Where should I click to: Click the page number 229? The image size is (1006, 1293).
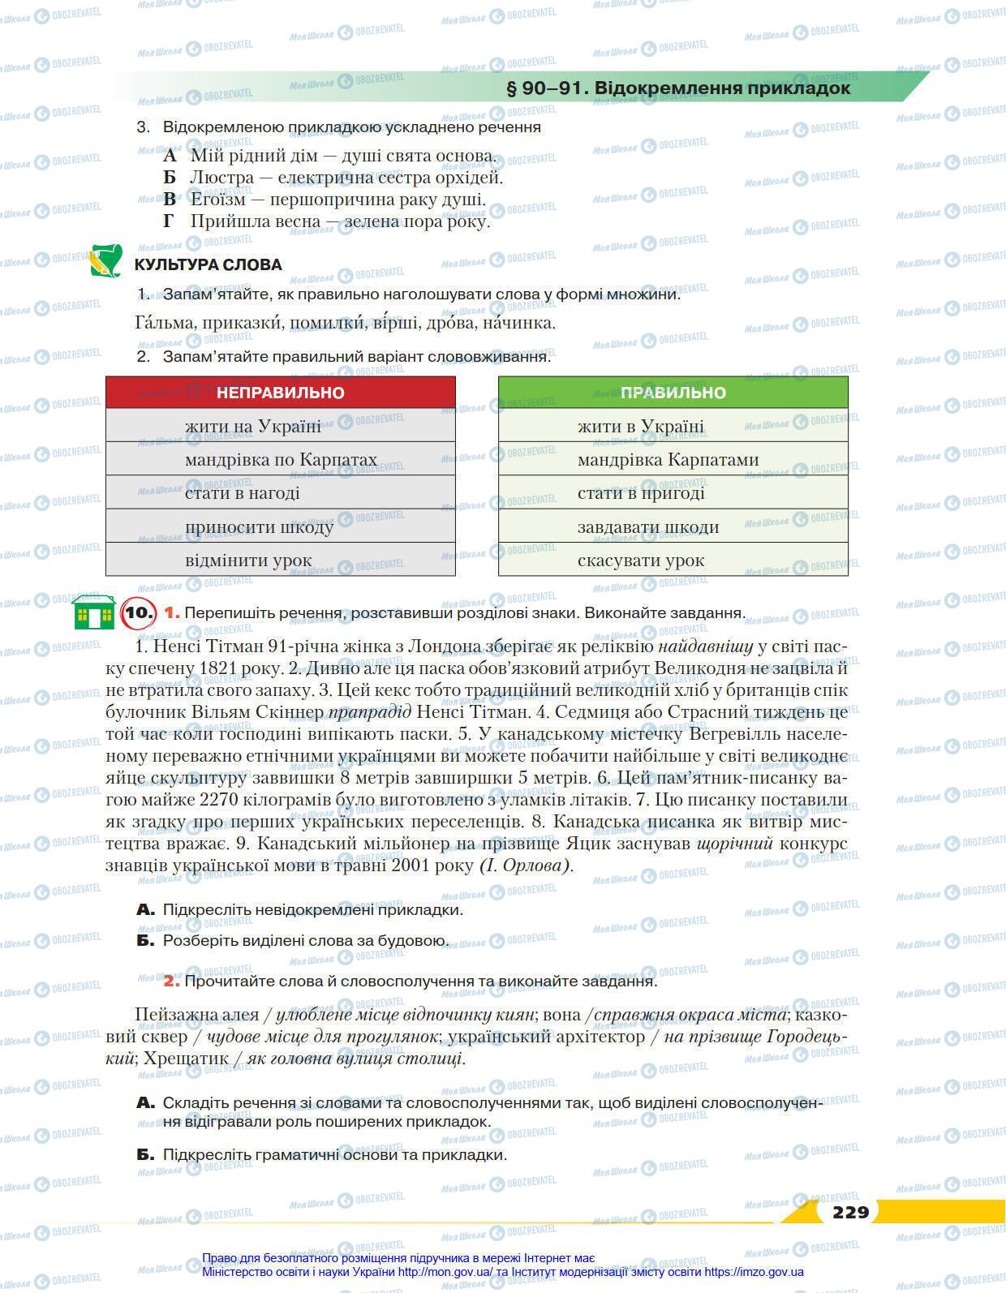click(x=849, y=1212)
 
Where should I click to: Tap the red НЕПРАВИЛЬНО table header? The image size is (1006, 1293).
click(x=280, y=393)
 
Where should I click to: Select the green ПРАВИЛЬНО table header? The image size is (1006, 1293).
click(x=673, y=393)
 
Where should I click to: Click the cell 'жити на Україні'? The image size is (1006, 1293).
click(x=252, y=426)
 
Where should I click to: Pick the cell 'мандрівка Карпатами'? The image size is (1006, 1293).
click(x=668, y=460)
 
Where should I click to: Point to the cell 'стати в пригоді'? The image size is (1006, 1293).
click(x=641, y=493)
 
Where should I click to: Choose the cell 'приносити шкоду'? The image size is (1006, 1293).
click(x=259, y=527)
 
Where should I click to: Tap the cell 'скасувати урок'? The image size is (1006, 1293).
click(x=640, y=561)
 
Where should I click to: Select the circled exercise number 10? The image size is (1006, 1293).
click(x=138, y=612)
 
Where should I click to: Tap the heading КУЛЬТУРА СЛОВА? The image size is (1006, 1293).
click(x=208, y=265)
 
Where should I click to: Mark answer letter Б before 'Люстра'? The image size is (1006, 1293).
click(x=169, y=178)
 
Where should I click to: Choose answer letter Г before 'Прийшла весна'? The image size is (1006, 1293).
click(x=169, y=221)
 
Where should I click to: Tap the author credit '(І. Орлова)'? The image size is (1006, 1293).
click(x=525, y=866)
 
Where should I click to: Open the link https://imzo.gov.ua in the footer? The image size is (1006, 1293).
click(x=754, y=1272)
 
